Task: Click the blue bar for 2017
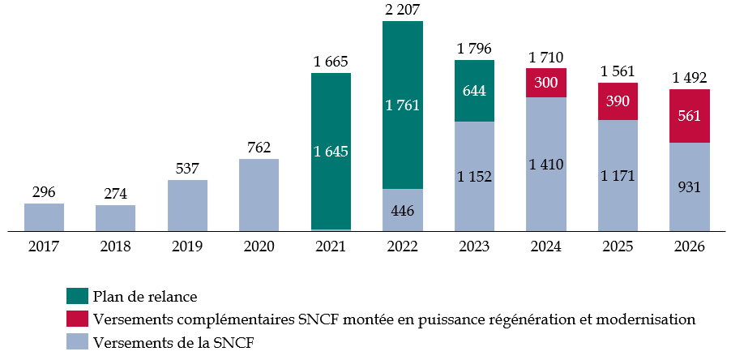pyautogui.click(x=44, y=217)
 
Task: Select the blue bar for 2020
pyautogui.click(x=259, y=195)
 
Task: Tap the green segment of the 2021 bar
pyautogui.click(x=331, y=151)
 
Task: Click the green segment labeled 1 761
pyautogui.click(x=402, y=105)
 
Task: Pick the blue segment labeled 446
pyautogui.click(x=402, y=210)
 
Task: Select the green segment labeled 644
pyautogui.click(x=474, y=91)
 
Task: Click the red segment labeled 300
pyautogui.click(x=545, y=83)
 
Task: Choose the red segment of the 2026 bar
pyautogui.click(x=689, y=116)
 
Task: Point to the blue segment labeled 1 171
pyautogui.click(x=618, y=175)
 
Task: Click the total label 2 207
pyautogui.click(x=402, y=11)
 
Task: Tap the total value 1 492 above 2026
pyautogui.click(x=689, y=78)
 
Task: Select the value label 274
pyautogui.click(x=115, y=195)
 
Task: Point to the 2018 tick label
pyautogui.click(x=115, y=246)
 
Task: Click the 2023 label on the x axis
pyautogui.click(x=474, y=246)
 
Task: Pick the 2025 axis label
pyautogui.click(x=618, y=246)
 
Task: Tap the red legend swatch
pyautogui.click(x=78, y=319)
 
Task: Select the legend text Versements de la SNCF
pyautogui.click(x=173, y=343)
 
